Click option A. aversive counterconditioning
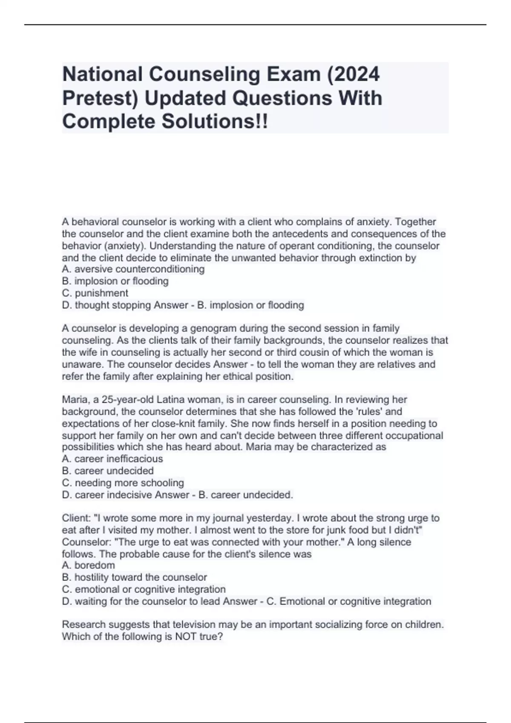coord(133,269)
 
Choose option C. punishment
coord(95,293)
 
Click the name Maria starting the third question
coord(75,400)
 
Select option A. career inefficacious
coord(112,459)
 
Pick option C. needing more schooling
coord(123,483)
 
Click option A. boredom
coord(89,565)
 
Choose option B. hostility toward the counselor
coord(135,577)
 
